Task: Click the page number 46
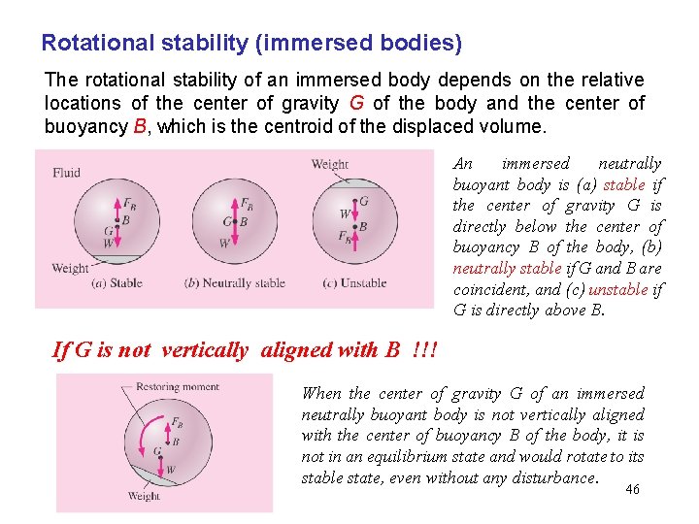coord(632,490)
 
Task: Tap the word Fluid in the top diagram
coord(67,173)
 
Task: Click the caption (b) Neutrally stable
coord(234,283)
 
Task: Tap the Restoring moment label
coord(178,387)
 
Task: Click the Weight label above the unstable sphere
coord(329,165)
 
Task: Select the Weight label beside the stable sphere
coord(70,269)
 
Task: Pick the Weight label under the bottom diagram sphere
coord(144,496)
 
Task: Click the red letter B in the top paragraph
coord(139,127)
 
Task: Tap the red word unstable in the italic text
coord(619,289)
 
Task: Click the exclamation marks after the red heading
coord(423,350)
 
